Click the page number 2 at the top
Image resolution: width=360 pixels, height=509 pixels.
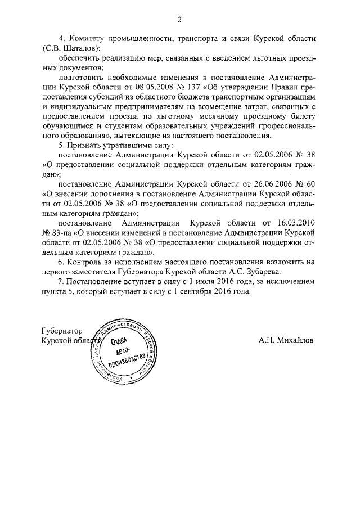click(x=179, y=19)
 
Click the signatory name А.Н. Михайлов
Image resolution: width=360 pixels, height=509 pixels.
click(x=286, y=340)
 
